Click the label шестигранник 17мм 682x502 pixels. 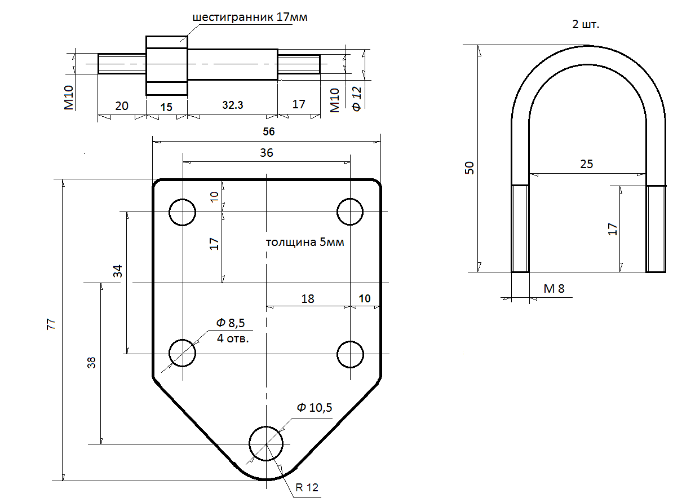pos(250,17)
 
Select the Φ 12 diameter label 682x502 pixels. pos(356,96)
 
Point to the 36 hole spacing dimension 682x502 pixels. pos(267,152)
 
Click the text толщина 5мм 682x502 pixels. pos(304,243)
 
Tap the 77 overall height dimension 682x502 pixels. pos(51,324)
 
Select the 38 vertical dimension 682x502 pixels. pos(91,362)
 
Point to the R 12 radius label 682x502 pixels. pos(307,487)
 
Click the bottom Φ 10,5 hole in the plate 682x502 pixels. pos(266,443)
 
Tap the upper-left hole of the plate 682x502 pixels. pos(183,212)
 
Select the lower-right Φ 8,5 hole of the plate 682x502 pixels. pos(350,354)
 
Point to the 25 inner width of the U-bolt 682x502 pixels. pos(586,164)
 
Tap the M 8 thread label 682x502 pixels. pos(553,289)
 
